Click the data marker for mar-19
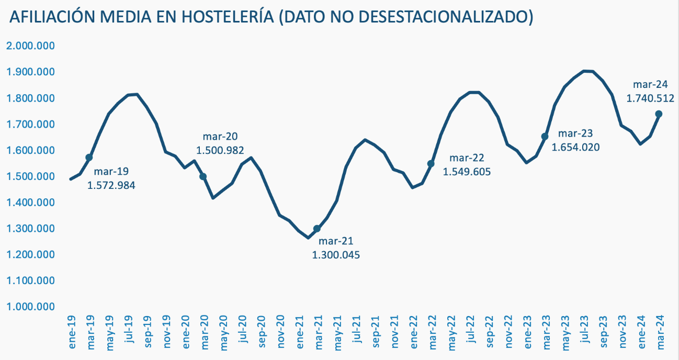[x=89, y=157]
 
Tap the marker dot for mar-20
[x=203, y=177]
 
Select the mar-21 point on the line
[x=317, y=229]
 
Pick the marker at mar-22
[x=431, y=164]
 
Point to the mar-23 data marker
[x=545, y=137]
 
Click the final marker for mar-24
[x=659, y=114]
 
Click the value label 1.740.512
[x=650, y=98]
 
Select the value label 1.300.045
[x=336, y=255]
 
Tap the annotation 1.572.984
[x=111, y=185]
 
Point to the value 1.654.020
[x=575, y=147]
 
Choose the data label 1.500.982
[x=220, y=150]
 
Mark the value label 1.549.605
[x=467, y=171]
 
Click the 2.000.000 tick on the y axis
[x=31, y=46]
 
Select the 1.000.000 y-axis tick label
[x=31, y=307]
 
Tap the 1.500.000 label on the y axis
[x=31, y=176]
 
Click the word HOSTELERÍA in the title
[x=227, y=17]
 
